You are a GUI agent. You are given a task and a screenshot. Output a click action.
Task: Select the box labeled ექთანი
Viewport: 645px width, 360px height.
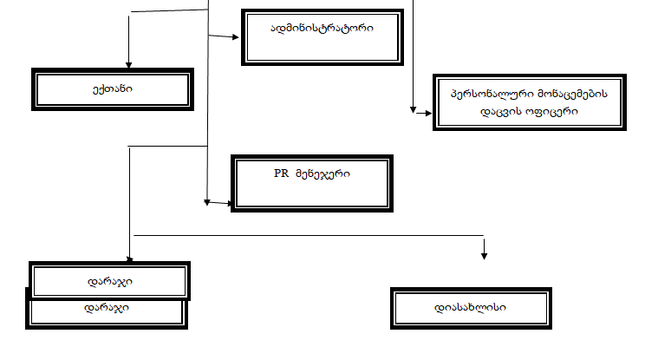point(112,88)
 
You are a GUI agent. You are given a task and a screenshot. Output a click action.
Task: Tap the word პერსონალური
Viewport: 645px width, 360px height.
point(480,92)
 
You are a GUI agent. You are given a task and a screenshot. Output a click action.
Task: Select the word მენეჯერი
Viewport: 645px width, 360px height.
point(320,173)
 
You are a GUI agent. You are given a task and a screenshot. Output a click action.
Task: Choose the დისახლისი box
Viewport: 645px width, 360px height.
point(471,308)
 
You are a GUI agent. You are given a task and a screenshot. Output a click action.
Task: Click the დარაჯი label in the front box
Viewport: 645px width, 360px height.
point(109,281)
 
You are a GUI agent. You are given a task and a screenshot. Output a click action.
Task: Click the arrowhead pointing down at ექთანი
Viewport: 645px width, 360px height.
point(128,64)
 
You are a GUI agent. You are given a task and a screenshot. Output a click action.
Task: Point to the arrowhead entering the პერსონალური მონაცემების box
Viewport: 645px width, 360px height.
point(414,111)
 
